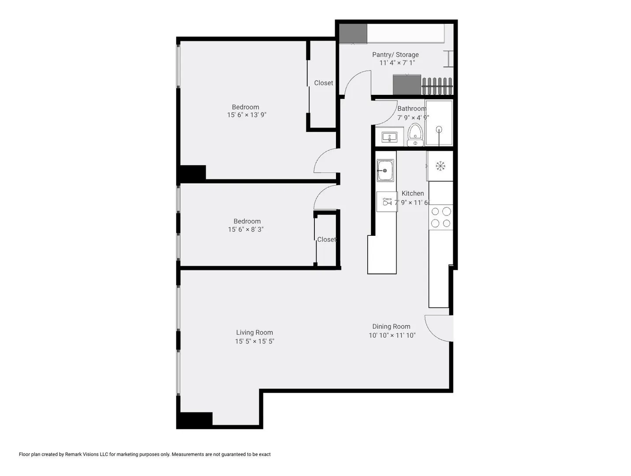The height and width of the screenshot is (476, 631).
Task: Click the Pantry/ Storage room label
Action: click(x=395, y=55)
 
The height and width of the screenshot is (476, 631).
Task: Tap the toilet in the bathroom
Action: click(x=415, y=135)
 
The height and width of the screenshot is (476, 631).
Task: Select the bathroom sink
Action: click(x=389, y=137)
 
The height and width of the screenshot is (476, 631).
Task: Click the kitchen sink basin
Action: click(x=385, y=171)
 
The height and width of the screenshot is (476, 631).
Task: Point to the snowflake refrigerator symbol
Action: click(x=440, y=166)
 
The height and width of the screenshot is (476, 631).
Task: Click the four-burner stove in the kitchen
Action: click(x=441, y=217)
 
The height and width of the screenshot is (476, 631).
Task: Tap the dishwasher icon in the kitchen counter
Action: click(x=387, y=201)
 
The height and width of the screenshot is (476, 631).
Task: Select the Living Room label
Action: click(x=254, y=332)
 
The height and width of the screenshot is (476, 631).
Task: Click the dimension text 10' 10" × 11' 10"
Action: click(x=392, y=335)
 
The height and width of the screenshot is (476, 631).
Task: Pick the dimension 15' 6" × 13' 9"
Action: click(x=246, y=115)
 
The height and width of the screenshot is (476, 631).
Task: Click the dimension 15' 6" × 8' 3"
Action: click(x=246, y=229)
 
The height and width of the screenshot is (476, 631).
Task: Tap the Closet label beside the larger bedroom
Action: click(x=323, y=83)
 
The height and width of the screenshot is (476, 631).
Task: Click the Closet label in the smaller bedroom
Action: click(x=327, y=239)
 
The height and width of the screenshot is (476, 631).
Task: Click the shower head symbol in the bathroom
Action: click(x=439, y=130)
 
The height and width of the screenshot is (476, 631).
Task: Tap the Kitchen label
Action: click(x=413, y=193)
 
